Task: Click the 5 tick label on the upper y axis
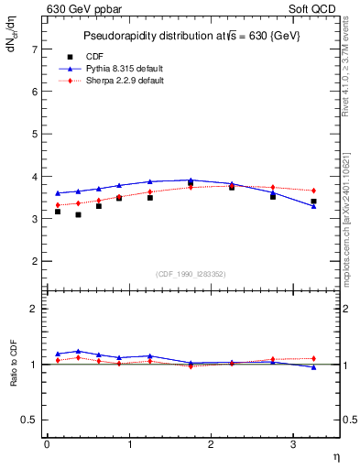coord(34,134)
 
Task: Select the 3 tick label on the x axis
coord(293,444)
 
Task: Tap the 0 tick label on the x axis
coord(47,444)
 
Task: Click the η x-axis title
coord(335,455)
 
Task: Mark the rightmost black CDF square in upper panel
coord(313,202)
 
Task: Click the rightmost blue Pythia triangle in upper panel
coord(313,206)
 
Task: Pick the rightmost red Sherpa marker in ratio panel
coord(313,358)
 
